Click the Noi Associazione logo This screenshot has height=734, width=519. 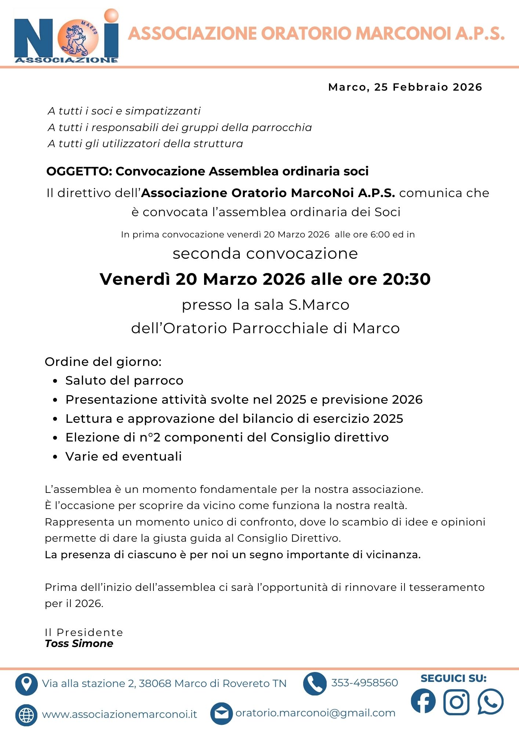(x=66, y=36)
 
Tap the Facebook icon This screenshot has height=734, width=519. (x=423, y=701)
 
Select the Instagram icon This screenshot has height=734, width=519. (x=456, y=702)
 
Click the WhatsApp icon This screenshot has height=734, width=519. (x=490, y=701)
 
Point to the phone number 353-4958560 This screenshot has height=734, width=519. (x=364, y=683)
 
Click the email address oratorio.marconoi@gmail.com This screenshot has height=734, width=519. (x=315, y=713)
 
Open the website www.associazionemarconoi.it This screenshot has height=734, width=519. (x=119, y=714)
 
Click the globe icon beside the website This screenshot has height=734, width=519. (x=26, y=715)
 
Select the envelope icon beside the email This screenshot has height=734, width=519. (x=221, y=713)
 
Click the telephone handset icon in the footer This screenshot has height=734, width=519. (x=315, y=683)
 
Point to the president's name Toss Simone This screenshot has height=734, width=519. (x=79, y=644)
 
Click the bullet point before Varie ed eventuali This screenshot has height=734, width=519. (x=55, y=457)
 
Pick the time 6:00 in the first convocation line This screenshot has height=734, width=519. (x=380, y=235)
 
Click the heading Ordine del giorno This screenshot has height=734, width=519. (x=103, y=362)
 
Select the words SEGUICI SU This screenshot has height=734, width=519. (x=454, y=678)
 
